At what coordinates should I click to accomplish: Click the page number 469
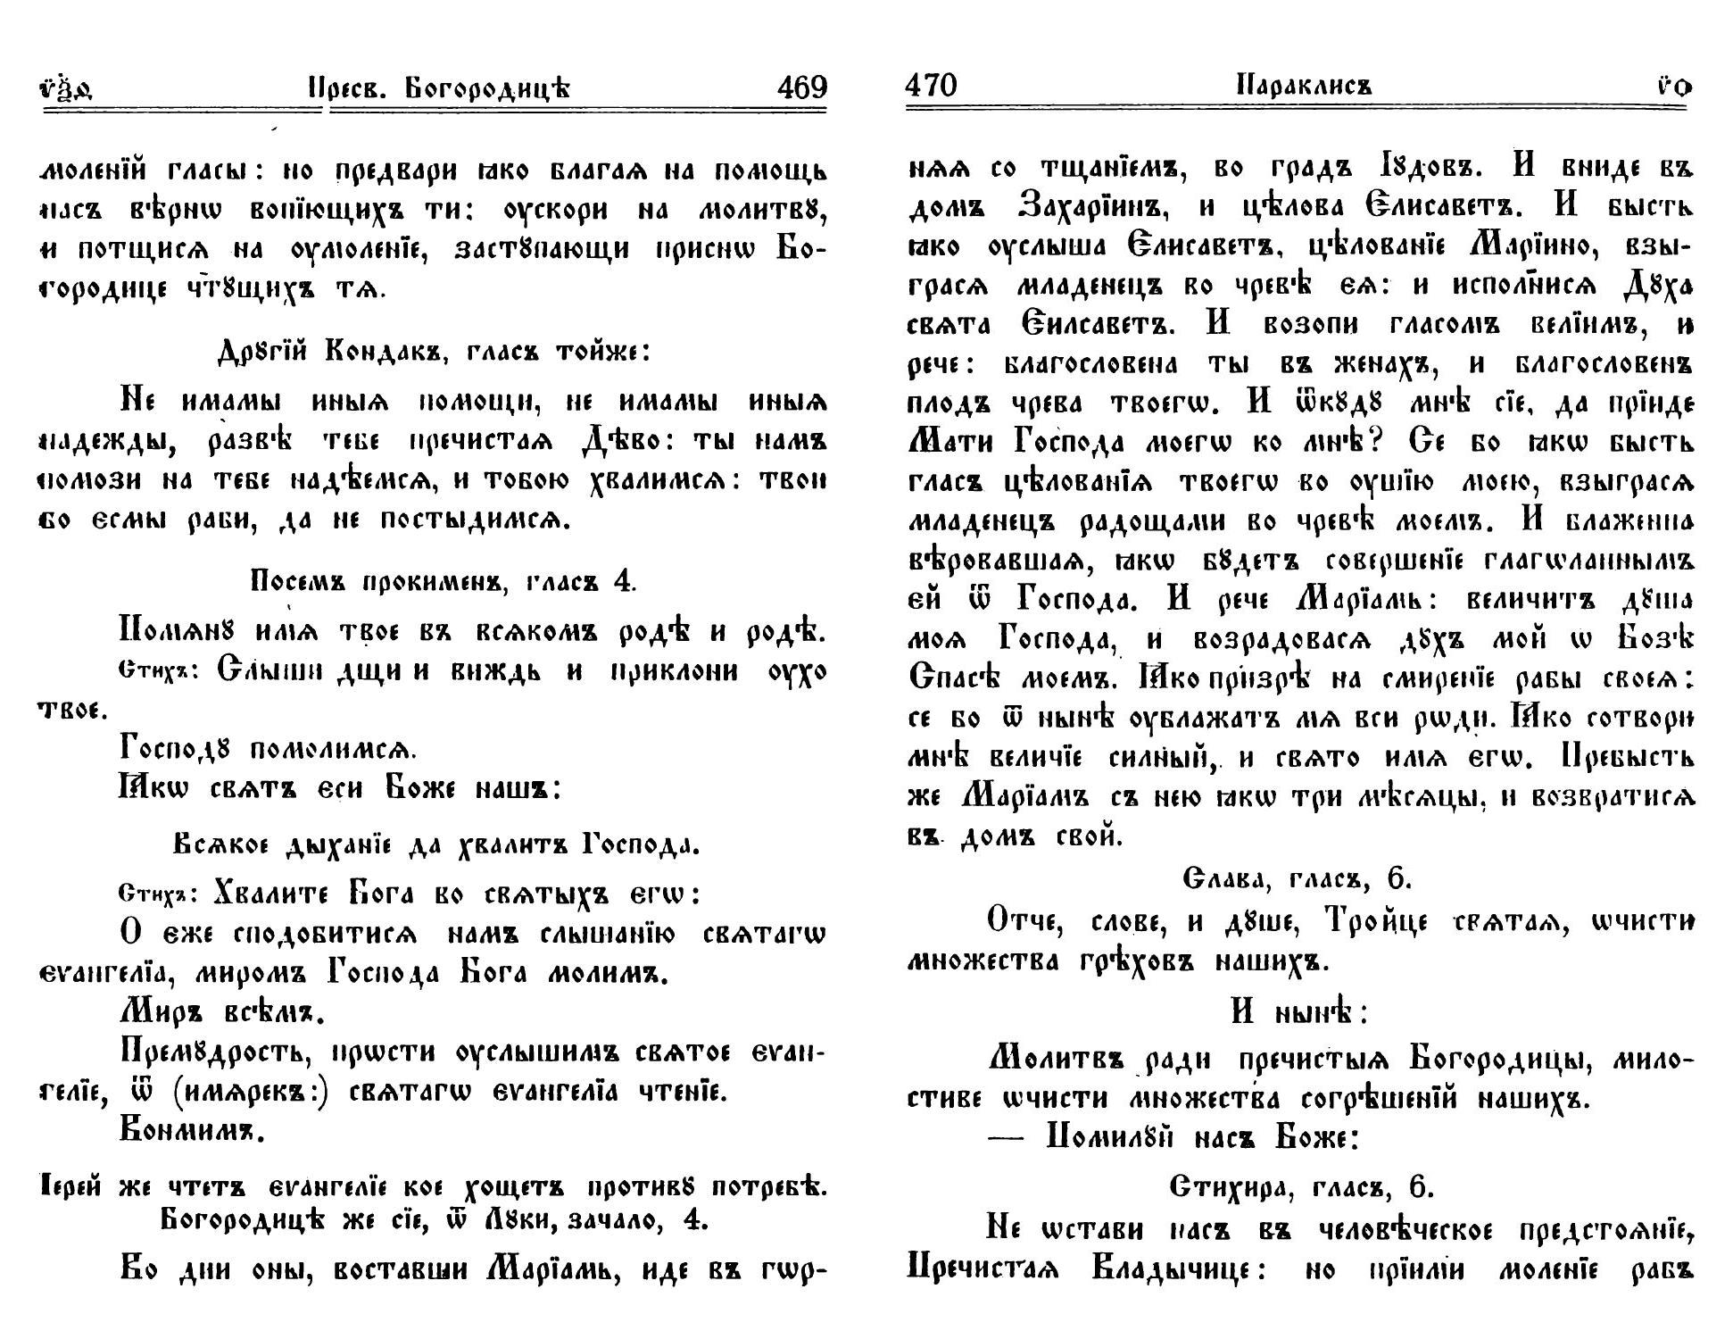click(x=802, y=87)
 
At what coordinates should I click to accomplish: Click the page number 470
click(x=931, y=86)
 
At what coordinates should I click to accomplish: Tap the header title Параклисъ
click(x=1304, y=87)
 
